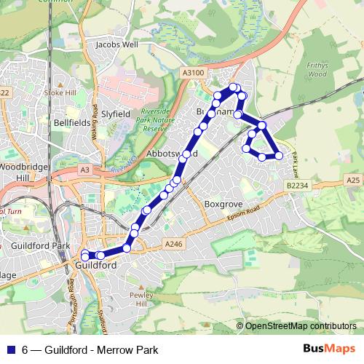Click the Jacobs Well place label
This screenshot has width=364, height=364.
(x=117, y=44)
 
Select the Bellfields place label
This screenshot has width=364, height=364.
(x=71, y=123)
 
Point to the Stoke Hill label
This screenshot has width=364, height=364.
(x=60, y=92)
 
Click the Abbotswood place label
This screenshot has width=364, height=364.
(x=167, y=155)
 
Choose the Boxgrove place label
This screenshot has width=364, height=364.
(x=222, y=205)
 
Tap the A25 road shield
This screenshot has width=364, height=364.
(x=354, y=179)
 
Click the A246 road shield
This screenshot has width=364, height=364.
(x=172, y=243)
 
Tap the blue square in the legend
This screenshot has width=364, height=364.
(x=12, y=350)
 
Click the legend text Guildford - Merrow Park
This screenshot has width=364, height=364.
(x=100, y=350)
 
